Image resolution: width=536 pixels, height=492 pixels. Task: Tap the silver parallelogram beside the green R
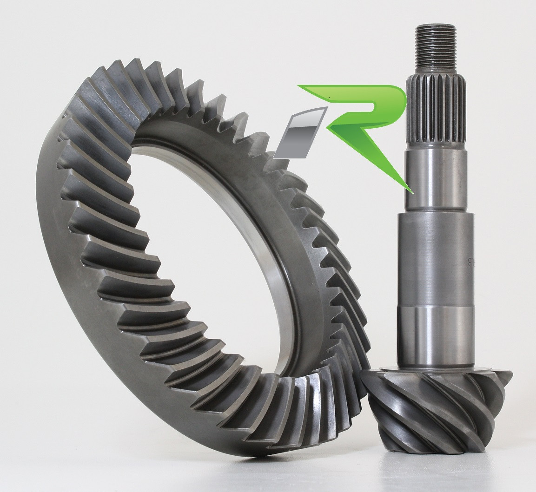click(294, 132)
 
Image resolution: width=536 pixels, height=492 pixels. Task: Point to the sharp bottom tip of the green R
click(410, 191)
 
